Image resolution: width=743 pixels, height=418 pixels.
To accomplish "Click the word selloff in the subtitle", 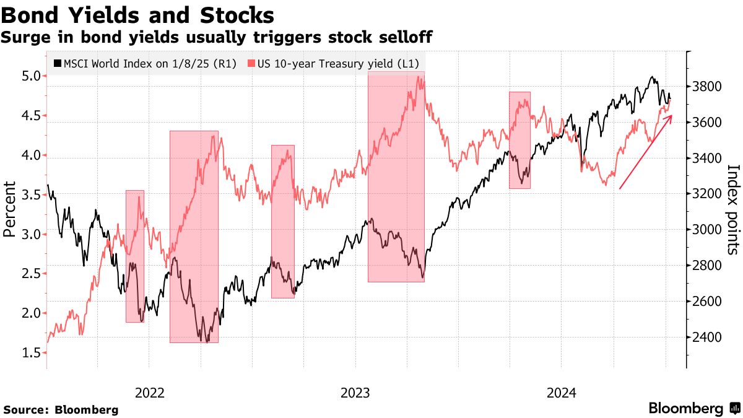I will click(x=402, y=38).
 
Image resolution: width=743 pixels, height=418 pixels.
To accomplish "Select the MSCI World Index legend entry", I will click(x=146, y=63).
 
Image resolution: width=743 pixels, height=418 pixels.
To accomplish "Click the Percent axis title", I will click(x=9, y=209).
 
